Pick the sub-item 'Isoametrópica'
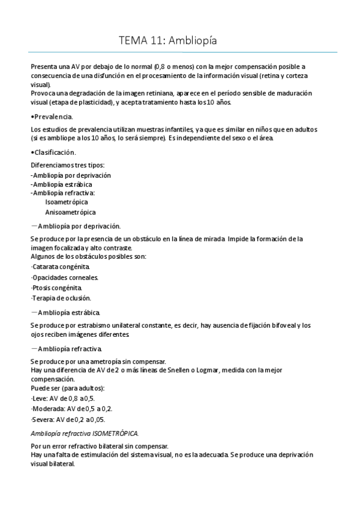(x=66, y=202)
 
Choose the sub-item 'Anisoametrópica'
(x=70, y=212)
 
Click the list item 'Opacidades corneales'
(x=65, y=277)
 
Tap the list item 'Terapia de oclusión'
(x=61, y=298)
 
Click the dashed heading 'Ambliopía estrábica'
(x=68, y=312)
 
